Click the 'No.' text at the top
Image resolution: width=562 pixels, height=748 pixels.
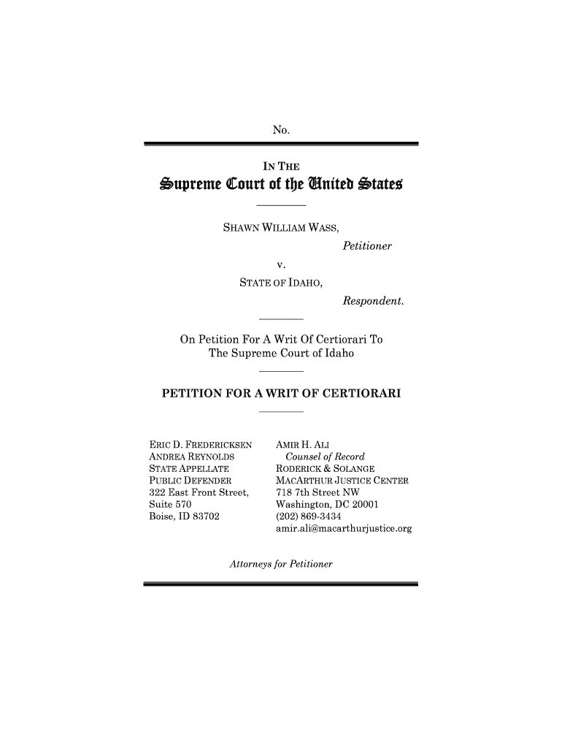point(281,131)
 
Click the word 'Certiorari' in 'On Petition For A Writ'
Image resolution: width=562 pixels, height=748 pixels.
point(337,340)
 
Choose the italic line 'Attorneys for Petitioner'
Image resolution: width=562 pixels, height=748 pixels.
point(281,565)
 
